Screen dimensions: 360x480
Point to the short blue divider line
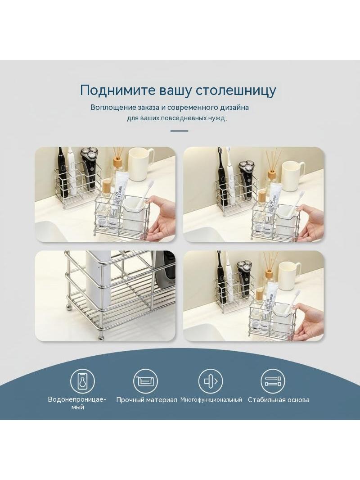coord(179,131)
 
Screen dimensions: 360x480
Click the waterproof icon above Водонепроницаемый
coord(82,381)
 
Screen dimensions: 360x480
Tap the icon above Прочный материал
coord(146,381)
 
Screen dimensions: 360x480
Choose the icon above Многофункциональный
coord(211,381)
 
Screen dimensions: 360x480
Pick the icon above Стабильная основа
coord(273,381)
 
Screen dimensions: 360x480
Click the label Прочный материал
coord(147,400)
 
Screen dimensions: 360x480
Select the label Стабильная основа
coord(279,400)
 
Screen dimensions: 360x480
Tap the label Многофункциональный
coord(211,399)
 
